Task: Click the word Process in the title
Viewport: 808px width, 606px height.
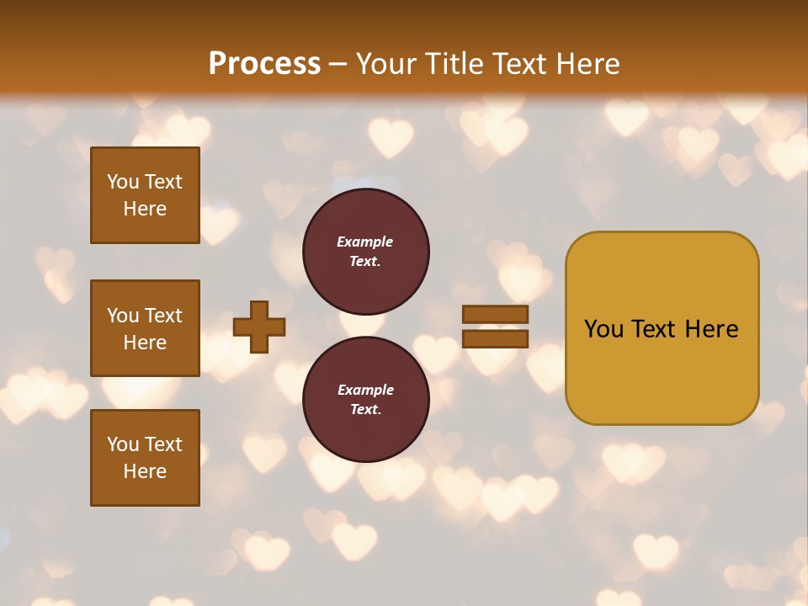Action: pos(264,64)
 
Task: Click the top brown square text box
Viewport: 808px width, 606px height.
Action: pos(145,195)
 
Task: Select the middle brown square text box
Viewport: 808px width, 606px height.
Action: pos(145,328)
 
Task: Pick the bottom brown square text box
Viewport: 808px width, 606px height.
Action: pos(145,458)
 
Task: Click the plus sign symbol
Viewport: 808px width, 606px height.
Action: pos(259,327)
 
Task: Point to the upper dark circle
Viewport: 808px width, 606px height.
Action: pos(365,251)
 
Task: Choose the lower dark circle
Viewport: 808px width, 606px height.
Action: pos(365,399)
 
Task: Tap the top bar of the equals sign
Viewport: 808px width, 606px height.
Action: pos(496,314)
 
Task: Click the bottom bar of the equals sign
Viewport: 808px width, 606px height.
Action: pos(496,338)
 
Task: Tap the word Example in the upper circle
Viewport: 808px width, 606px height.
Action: pos(365,242)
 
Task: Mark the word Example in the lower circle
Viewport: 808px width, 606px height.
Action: pos(365,390)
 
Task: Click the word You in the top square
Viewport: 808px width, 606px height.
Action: pos(123,182)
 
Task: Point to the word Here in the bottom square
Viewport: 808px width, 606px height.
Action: pos(145,471)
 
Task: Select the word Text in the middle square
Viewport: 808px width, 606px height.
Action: pos(163,316)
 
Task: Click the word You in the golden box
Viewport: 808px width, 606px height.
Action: pos(603,329)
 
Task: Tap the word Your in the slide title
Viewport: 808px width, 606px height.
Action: pos(385,64)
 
